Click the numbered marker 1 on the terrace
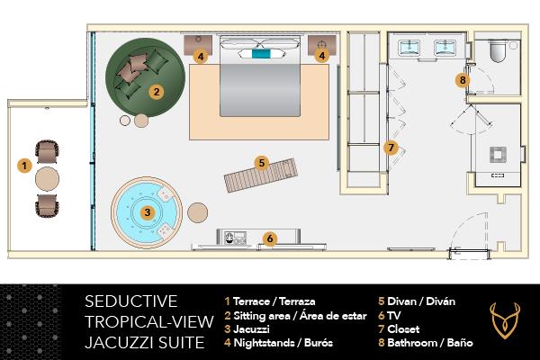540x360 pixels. click(24, 166)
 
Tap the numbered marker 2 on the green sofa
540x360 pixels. click(156, 91)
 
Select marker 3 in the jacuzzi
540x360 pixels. click(147, 212)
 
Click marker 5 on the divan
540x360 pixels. click(261, 163)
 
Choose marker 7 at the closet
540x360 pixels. click(390, 147)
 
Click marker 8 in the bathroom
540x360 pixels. click(463, 80)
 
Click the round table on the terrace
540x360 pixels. click(48, 178)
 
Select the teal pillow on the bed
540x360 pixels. click(260, 56)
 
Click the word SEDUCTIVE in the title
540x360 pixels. click(130, 301)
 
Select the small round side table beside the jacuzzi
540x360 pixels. click(198, 213)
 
